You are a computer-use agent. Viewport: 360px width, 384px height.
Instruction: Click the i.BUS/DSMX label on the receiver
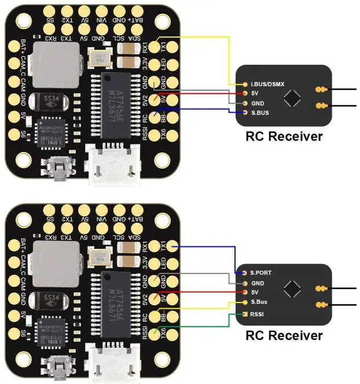pos(269,84)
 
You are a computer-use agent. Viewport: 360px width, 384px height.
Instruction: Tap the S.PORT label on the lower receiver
pos(260,272)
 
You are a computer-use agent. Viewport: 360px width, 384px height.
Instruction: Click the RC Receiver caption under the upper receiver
pos(284,137)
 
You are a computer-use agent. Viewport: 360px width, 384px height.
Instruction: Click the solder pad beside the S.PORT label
pos(245,272)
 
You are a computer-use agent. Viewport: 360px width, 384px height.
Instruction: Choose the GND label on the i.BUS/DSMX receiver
pos(258,102)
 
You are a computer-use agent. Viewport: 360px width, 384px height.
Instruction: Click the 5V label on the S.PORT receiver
pos(255,293)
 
